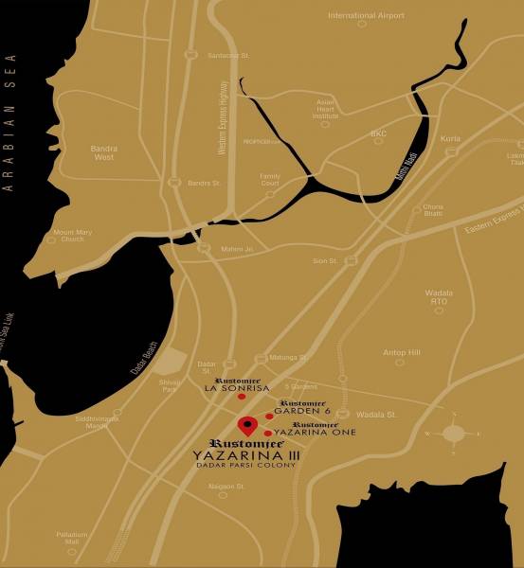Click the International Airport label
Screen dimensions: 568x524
pyautogui.click(x=365, y=15)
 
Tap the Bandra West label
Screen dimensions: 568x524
pyautogui.click(x=103, y=152)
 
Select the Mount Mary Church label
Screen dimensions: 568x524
pyautogui.click(x=68, y=236)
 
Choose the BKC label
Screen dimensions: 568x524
pyautogui.click(x=378, y=133)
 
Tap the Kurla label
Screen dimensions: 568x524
pyautogui.click(x=450, y=138)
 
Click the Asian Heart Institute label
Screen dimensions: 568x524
pyautogui.click(x=326, y=108)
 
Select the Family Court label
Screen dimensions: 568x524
pyautogui.click(x=270, y=179)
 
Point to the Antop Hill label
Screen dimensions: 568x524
pyautogui.click(x=400, y=353)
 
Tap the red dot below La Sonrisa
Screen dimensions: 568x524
pyautogui.click(x=242, y=397)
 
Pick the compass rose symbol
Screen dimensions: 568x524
pyautogui.click(x=454, y=434)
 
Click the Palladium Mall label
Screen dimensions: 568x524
pyautogui.click(x=71, y=538)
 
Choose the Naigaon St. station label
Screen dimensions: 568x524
pyautogui.click(x=226, y=487)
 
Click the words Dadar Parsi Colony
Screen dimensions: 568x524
pyautogui.click(x=245, y=465)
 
